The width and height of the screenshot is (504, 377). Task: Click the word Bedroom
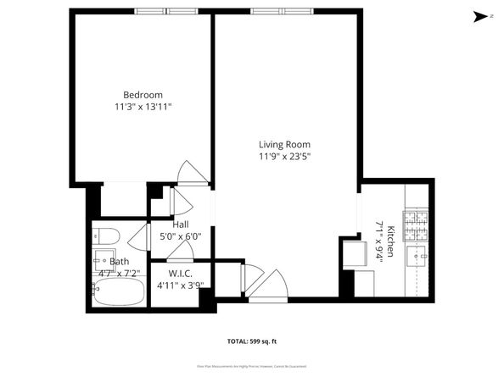click(142, 94)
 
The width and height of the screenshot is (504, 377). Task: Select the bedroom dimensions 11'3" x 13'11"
click(142, 106)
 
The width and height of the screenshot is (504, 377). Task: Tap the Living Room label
click(284, 144)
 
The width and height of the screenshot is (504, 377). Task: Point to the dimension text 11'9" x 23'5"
click(284, 156)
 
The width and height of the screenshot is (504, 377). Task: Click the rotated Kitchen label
click(391, 241)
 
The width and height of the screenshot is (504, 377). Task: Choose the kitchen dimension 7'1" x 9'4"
click(378, 241)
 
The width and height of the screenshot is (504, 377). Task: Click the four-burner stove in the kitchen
click(417, 224)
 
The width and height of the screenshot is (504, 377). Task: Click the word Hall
click(181, 225)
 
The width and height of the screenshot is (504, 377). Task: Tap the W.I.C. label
click(179, 274)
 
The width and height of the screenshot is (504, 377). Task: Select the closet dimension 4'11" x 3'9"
click(180, 286)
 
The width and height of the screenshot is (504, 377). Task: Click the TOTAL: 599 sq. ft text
click(253, 341)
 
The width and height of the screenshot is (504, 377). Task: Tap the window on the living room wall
click(281, 11)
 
